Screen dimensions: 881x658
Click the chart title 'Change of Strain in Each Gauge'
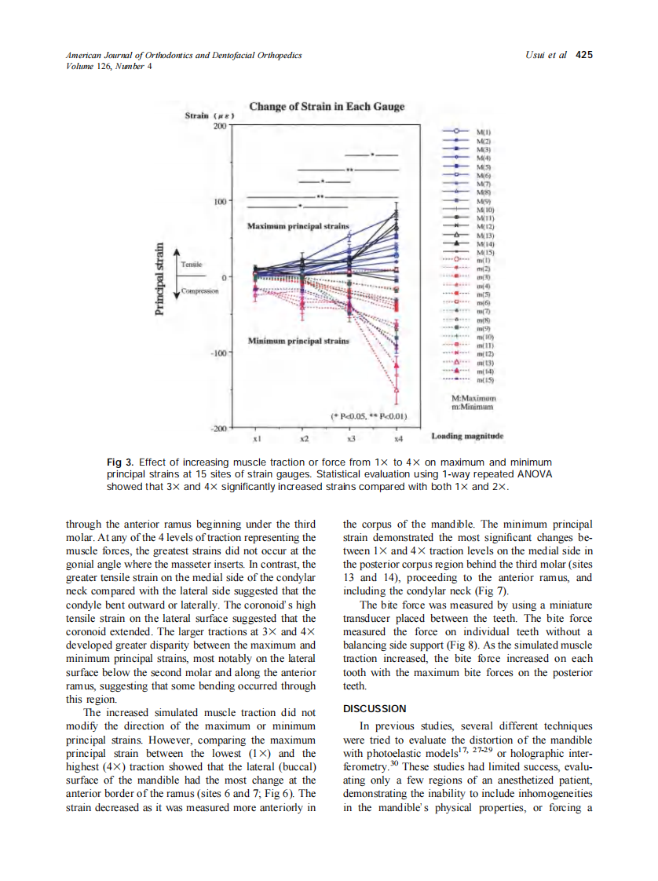[x=327, y=107]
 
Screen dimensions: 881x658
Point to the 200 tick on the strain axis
[x=219, y=126]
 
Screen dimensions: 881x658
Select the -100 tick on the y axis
[x=217, y=353]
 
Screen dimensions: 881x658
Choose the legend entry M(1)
[x=484, y=131]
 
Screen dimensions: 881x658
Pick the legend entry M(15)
[x=485, y=253]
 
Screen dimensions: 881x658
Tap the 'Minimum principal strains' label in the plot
[x=298, y=342]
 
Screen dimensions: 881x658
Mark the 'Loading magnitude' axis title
[x=467, y=436]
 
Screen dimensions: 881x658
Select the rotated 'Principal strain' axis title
[x=161, y=279]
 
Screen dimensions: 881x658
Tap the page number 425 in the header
[x=584, y=55]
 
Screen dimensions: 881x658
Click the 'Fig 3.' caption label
[x=119, y=462]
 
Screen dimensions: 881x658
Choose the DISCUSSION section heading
[x=375, y=709]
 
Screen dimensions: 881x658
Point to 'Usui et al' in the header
[x=547, y=55]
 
